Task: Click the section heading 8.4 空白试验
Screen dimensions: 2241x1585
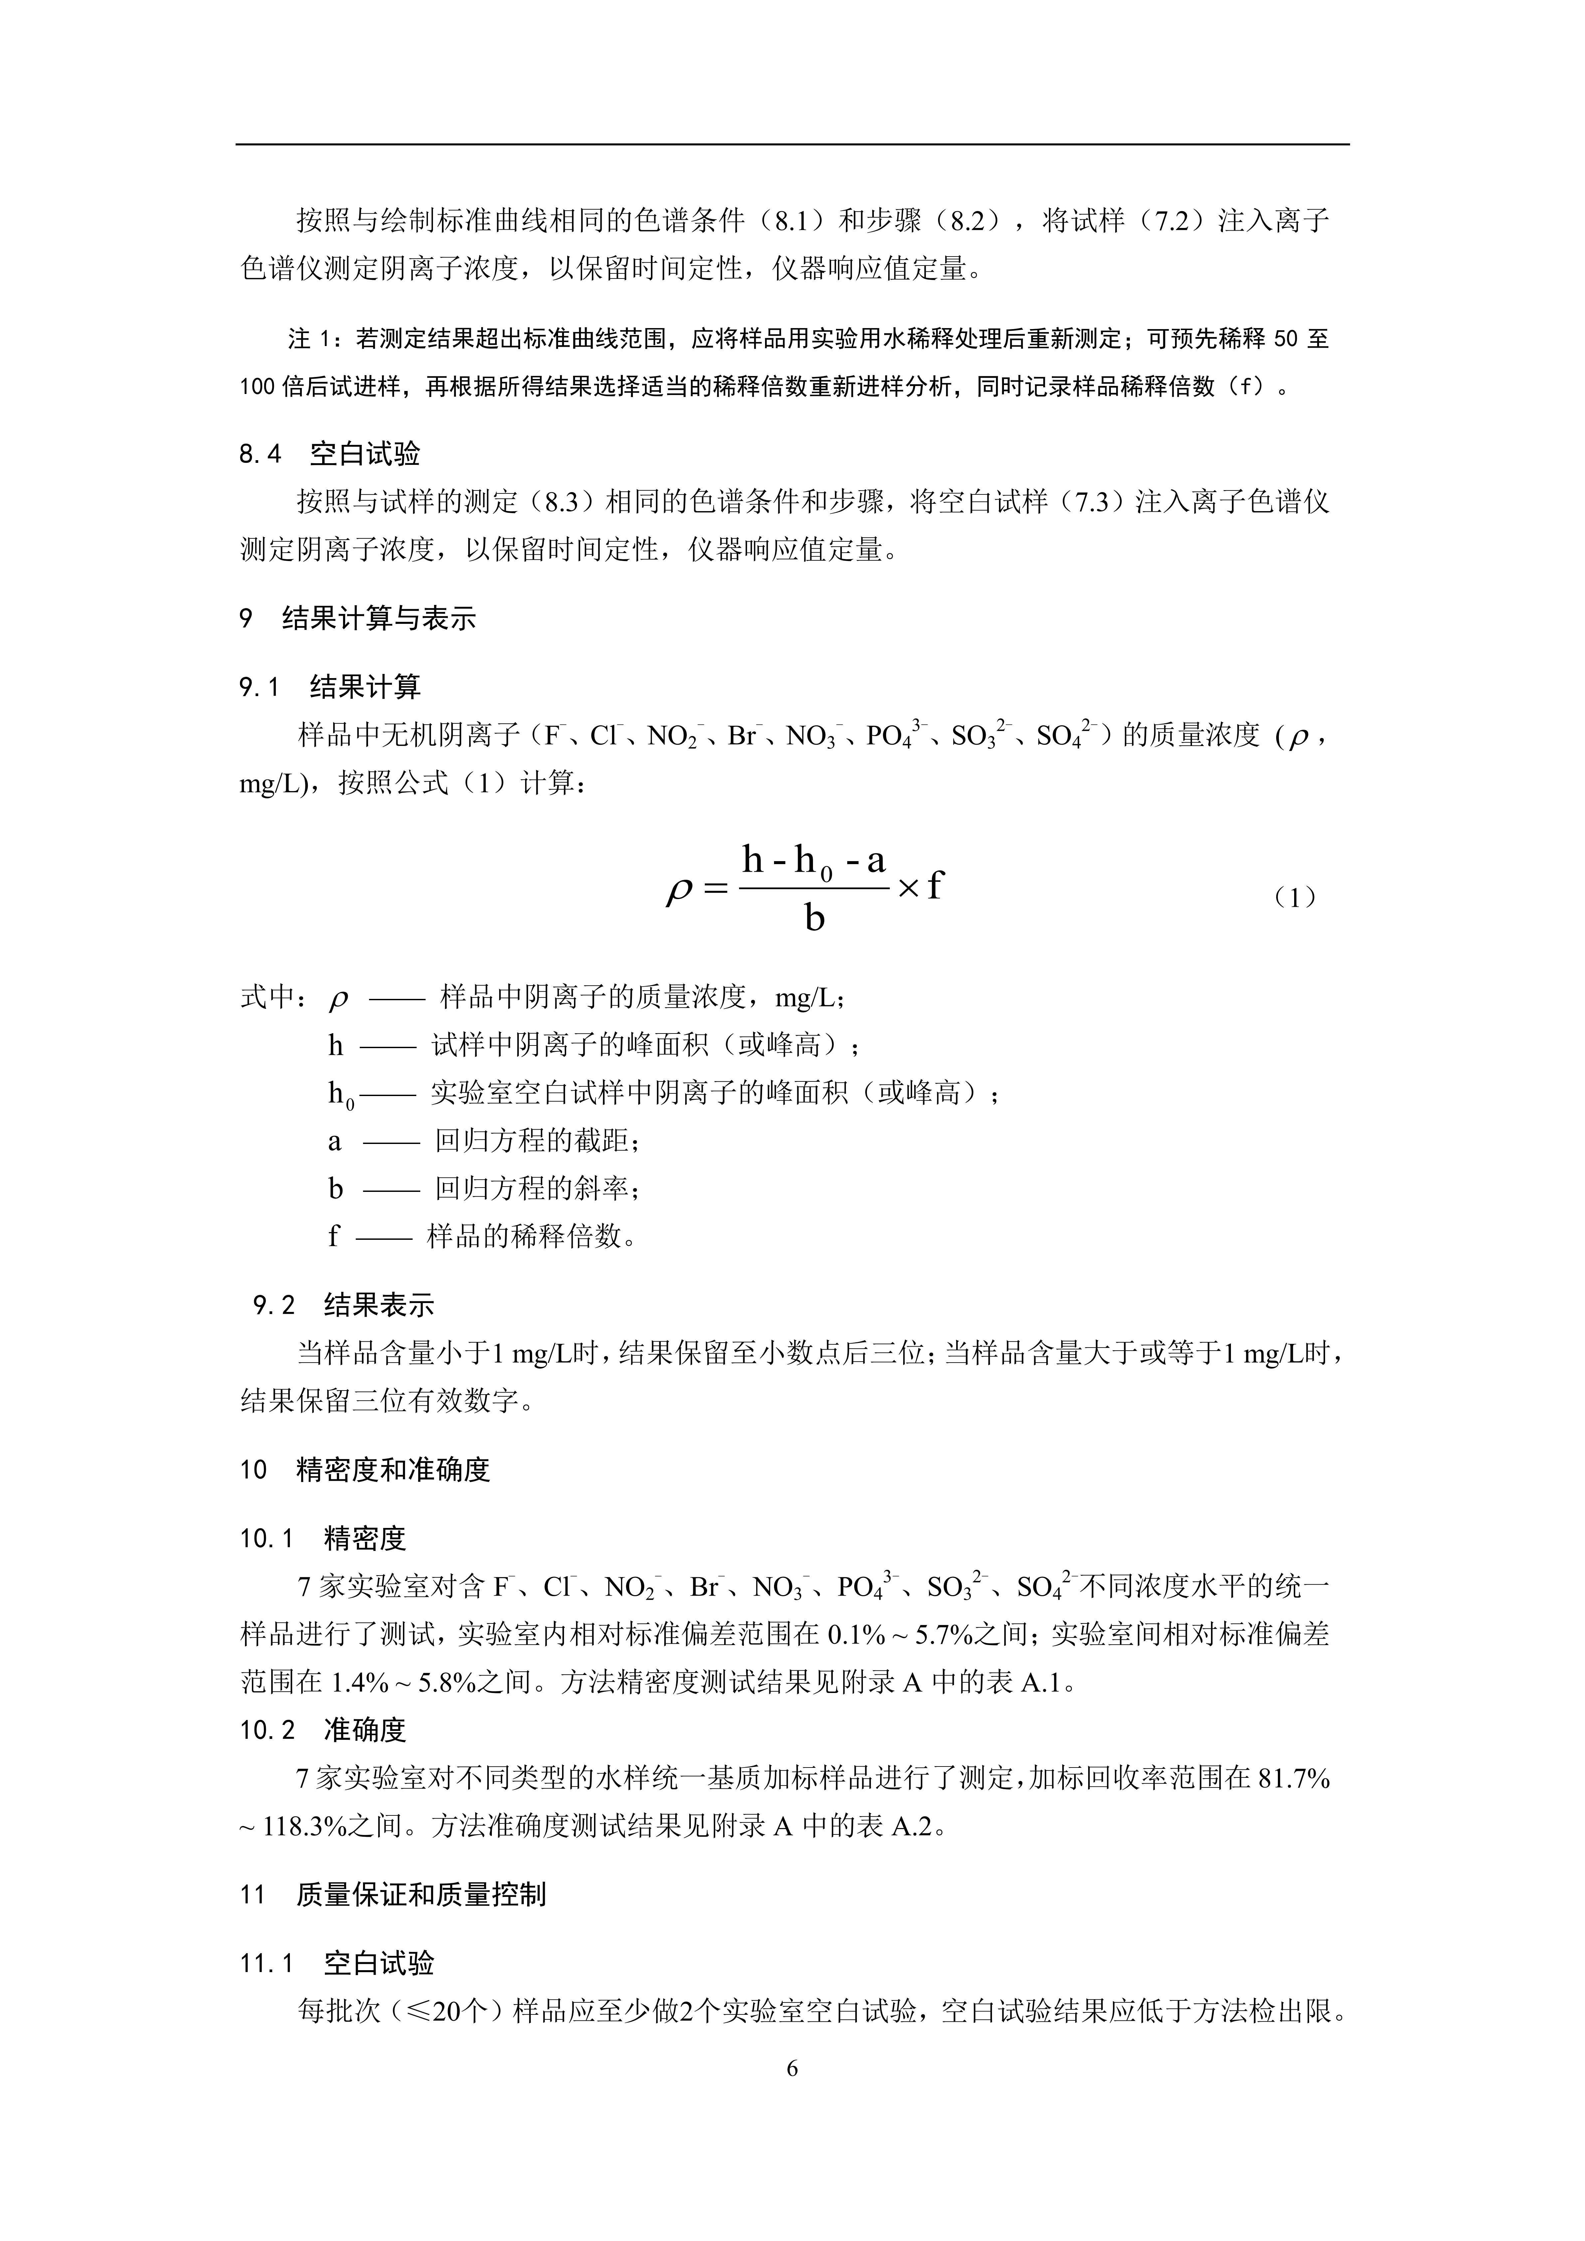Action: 330,454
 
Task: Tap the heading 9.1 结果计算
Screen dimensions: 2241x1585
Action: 330,687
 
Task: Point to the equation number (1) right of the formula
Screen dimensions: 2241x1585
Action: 1295,897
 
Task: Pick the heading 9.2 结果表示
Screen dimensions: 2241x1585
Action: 343,1305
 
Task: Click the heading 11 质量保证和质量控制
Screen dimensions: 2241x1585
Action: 392,1895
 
